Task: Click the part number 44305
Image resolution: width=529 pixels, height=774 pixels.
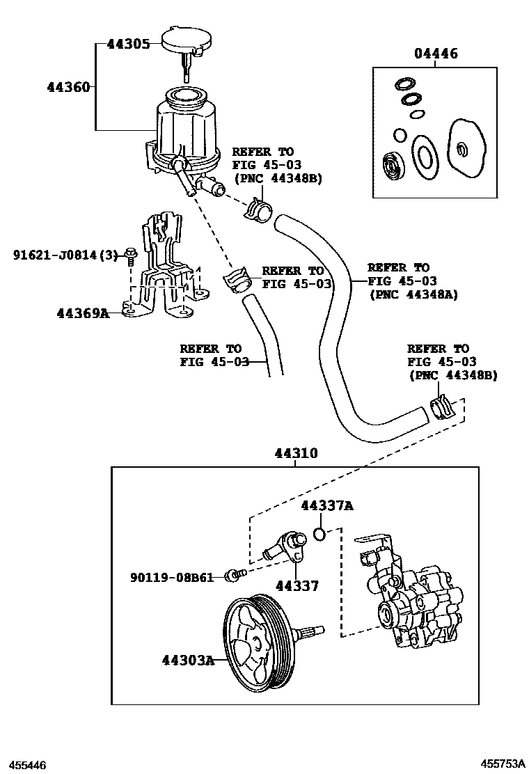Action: pos(128,44)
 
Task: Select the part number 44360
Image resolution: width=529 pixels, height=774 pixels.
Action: pos(68,87)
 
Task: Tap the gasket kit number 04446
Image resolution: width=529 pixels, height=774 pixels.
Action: pos(436,54)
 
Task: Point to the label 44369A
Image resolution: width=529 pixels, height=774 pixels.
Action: pos(83,313)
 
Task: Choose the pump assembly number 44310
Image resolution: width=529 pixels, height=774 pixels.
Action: pos(295,453)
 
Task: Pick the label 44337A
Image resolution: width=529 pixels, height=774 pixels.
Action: pos(326,506)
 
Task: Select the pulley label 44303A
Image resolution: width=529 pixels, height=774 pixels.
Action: pos(188,659)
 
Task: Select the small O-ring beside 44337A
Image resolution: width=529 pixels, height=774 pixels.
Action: pos(319,534)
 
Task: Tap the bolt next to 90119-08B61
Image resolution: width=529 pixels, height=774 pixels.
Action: pos(235,575)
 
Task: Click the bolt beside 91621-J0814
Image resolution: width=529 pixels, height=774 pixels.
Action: pos(130,255)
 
